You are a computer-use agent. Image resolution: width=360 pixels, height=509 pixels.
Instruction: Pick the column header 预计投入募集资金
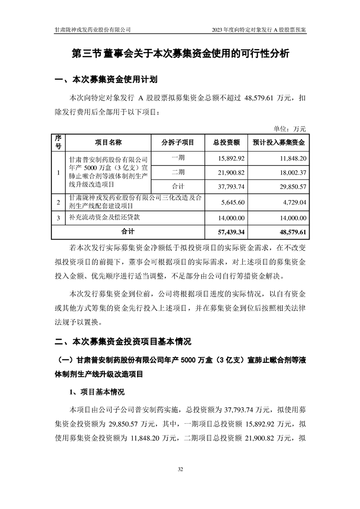coord(278,142)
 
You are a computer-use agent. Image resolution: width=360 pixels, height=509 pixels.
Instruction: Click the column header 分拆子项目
coord(178,142)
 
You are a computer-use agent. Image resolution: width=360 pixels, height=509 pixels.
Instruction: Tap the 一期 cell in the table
coord(178,159)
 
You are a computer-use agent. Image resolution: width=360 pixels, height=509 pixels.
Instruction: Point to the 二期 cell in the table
coord(178,172)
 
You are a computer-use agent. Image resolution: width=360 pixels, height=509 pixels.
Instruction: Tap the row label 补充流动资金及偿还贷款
coord(105,218)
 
